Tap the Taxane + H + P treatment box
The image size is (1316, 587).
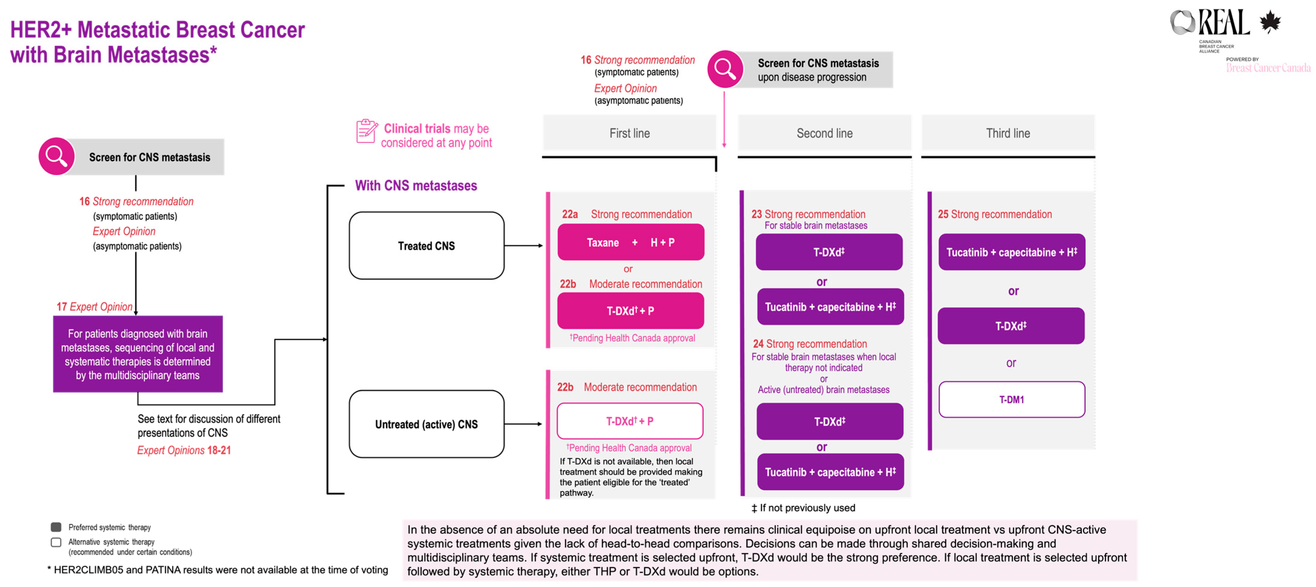[630, 242]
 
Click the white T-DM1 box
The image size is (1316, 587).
[1011, 399]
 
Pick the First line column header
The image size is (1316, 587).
[629, 133]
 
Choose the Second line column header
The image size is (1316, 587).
[825, 133]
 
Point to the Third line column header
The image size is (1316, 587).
[1008, 133]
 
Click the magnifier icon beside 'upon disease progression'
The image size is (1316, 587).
[725, 69]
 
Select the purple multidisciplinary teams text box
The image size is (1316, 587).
[138, 354]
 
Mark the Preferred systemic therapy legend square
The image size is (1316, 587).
[56, 527]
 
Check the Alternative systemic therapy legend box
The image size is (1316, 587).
[56, 541]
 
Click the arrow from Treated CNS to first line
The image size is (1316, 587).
[524, 245]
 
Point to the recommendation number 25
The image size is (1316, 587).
[943, 214]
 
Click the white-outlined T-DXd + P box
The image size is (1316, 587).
[630, 421]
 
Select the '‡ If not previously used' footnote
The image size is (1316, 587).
[803, 508]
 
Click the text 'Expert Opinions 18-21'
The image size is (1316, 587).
[184, 450]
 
